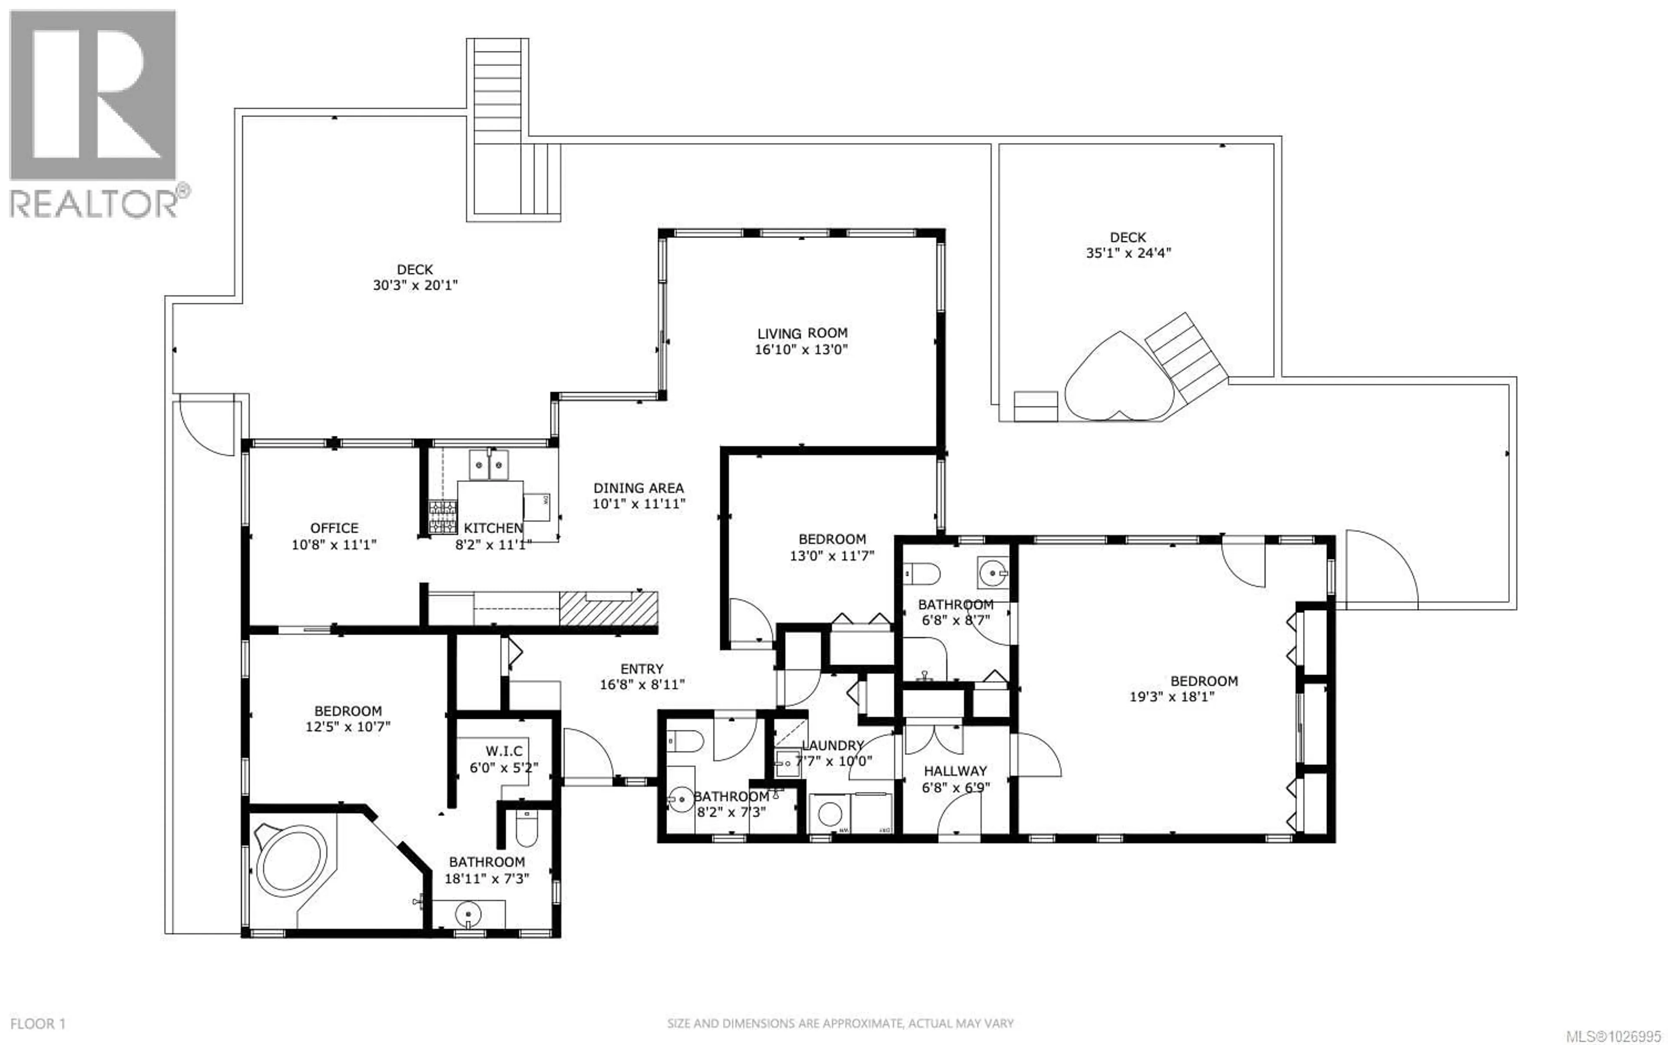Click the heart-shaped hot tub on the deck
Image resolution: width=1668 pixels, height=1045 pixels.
[1118, 380]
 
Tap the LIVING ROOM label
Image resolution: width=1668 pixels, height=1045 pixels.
[801, 333]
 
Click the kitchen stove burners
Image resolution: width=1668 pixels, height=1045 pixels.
[442, 517]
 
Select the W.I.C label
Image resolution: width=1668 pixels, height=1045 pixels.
[504, 750]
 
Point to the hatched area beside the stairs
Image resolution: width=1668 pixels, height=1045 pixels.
[608, 608]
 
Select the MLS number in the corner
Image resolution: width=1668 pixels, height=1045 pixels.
[1613, 1036]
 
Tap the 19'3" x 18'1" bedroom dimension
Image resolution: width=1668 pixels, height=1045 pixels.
[1172, 697]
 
